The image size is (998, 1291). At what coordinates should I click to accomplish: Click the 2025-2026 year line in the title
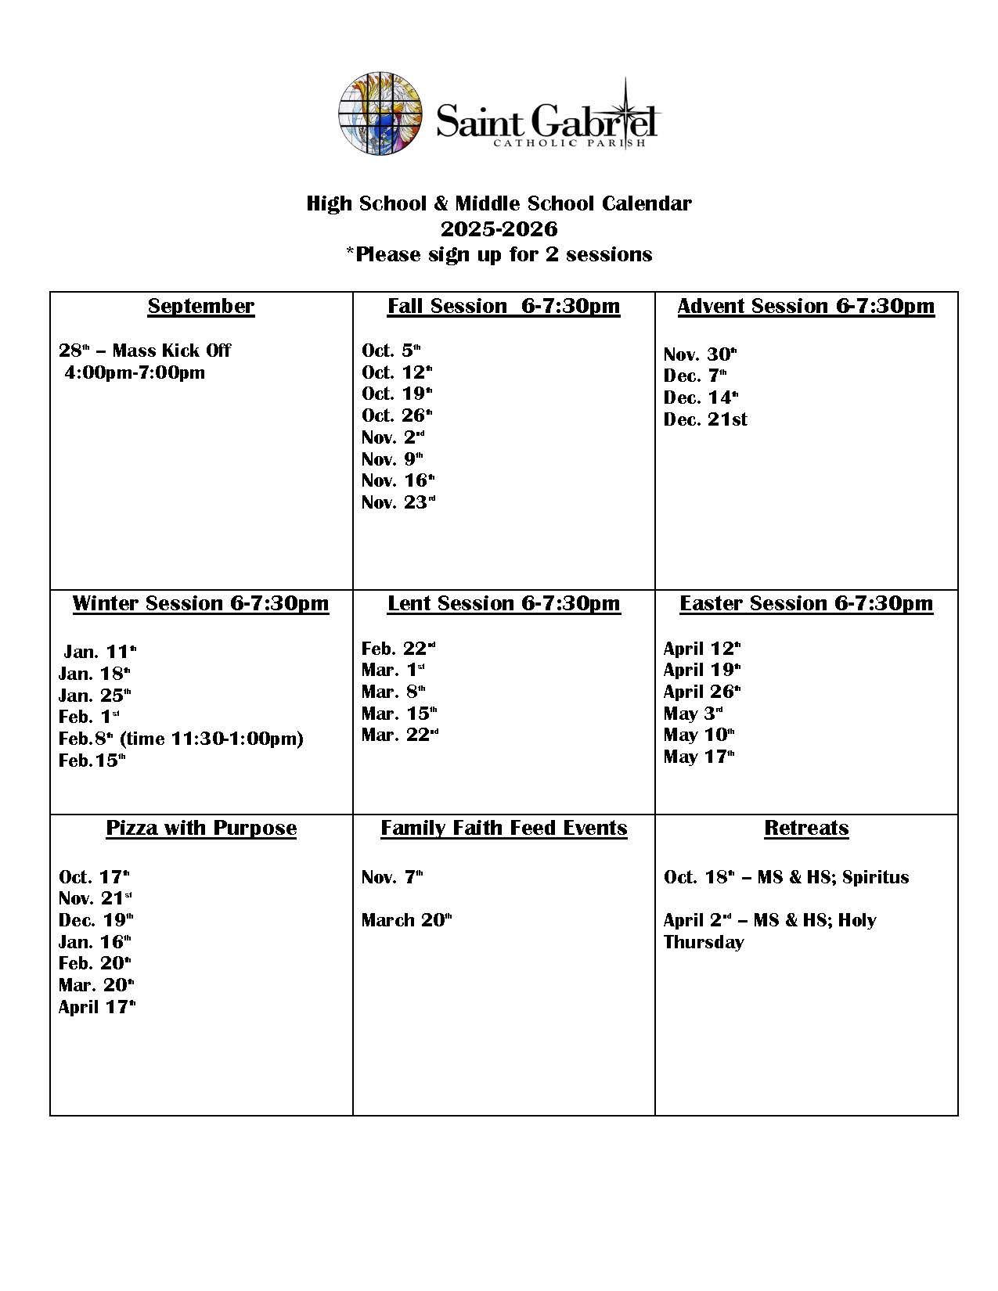(499, 229)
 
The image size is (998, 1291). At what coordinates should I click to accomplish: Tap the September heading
(201, 306)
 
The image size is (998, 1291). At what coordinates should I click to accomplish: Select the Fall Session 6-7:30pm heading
(503, 306)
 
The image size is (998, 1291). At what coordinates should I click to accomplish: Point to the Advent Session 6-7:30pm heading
(805, 306)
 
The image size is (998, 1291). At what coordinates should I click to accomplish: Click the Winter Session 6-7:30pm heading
(200, 603)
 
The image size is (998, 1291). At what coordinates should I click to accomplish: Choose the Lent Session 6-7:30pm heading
(503, 603)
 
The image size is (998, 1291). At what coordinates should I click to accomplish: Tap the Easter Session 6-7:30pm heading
(805, 603)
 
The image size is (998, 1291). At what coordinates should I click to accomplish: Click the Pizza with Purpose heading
(201, 828)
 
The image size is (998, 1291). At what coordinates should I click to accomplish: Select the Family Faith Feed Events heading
(503, 828)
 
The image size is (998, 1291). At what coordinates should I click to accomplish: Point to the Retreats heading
(806, 828)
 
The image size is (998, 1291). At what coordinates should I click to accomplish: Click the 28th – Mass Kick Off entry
(145, 351)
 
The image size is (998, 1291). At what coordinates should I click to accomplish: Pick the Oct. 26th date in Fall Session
(397, 415)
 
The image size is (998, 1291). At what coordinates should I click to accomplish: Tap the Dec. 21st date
(705, 419)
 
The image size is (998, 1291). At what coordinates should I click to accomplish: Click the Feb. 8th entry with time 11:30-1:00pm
(181, 739)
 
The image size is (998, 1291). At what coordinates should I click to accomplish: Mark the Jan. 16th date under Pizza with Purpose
(95, 942)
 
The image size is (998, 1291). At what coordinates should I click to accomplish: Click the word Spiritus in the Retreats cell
(875, 877)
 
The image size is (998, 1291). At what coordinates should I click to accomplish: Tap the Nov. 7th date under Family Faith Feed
(391, 877)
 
